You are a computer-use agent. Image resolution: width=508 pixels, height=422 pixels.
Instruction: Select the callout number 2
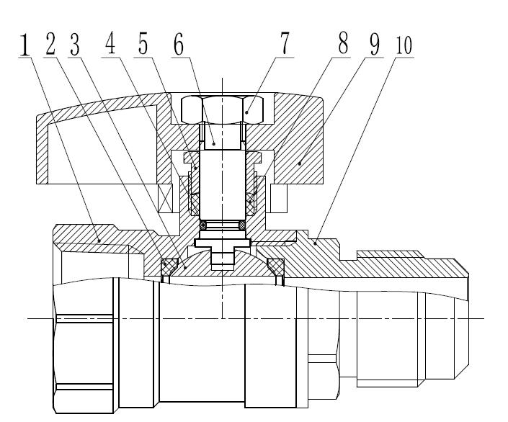pyautogui.click(x=50, y=45)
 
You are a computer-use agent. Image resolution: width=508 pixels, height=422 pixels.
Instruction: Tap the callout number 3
pyautogui.click(x=74, y=45)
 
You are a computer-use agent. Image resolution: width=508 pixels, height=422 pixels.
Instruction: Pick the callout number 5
pyautogui.click(x=144, y=45)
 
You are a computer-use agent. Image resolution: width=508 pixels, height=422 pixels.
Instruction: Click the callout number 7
pyautogui.click(x=285, y=45)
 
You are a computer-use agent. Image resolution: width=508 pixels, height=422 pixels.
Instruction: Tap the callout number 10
pyautogui.click(x=404, y=45)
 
